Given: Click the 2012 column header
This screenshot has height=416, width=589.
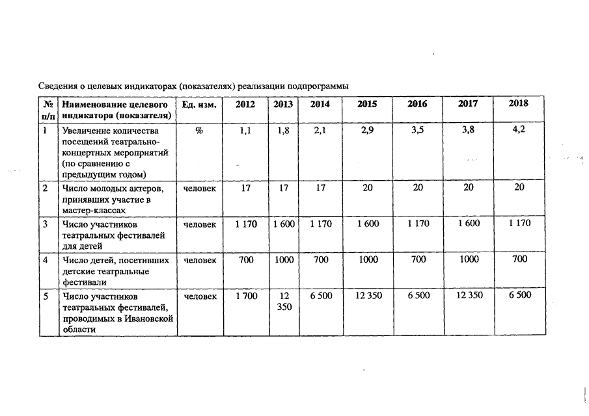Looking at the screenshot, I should tap(245, 104).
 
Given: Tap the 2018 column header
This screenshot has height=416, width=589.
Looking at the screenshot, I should tap(518, 103).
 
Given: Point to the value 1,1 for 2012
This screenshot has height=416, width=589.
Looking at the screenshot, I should tap(245, 131).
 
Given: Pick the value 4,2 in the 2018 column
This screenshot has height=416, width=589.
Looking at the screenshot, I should tap(519, 130).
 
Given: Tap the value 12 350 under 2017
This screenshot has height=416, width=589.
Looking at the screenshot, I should tap(468, 296).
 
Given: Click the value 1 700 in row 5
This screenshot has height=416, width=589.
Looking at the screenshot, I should tap(246, 296).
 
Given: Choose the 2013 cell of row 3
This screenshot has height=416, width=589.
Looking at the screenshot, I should tap(283, 224).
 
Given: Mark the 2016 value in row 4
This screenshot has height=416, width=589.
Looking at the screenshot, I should tap(418, 259).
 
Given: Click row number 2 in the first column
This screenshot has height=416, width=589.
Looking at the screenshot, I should tap(45, 188).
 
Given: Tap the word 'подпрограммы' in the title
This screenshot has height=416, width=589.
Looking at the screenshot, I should tap(319, 86).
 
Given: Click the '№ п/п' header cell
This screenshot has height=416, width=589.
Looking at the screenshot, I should tap(48, 109).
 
